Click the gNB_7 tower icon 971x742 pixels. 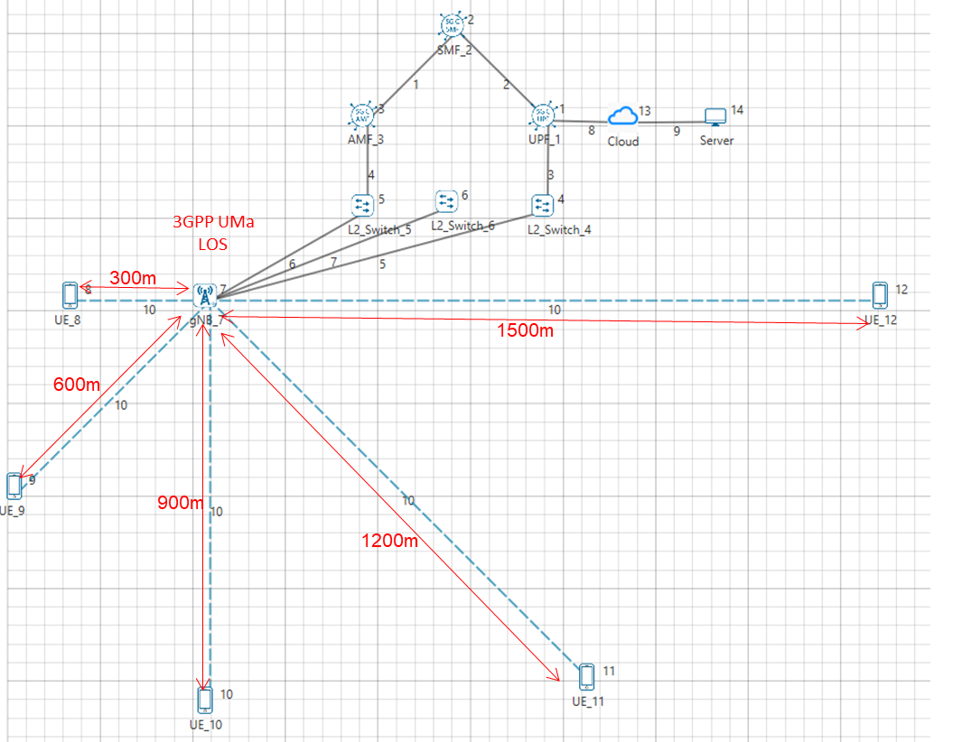pos(204,294)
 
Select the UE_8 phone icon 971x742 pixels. pos(70,294)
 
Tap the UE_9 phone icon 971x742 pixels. pos(14,486)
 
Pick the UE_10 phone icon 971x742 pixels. pos(205,700)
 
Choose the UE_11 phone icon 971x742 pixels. pos(586,677)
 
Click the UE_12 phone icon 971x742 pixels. pos(880,294)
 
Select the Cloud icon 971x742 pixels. pos(622,116)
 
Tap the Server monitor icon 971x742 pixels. pos(715,117)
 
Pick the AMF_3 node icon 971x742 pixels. pos(361,115)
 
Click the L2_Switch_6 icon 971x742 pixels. pos(446,200)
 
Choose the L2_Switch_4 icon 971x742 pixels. pos(542,205)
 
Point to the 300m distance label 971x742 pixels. pos(135,276)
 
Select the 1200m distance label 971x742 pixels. pos(390,541)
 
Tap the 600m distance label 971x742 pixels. pos(76,384)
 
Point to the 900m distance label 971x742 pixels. pos(180,502)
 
